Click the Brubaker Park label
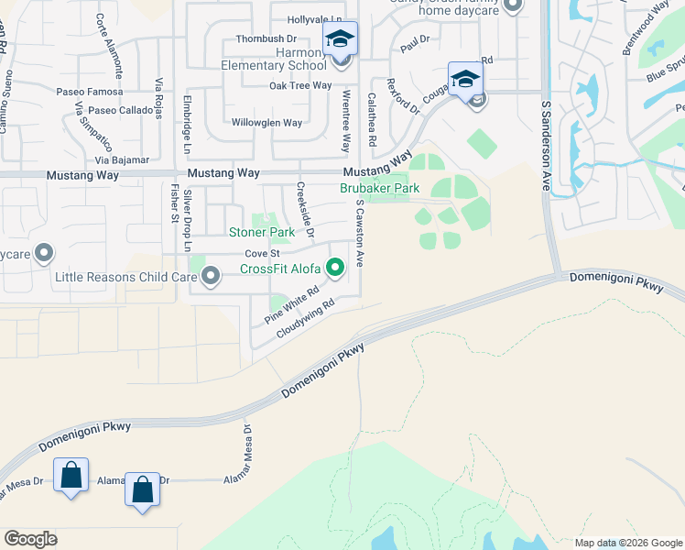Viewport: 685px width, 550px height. point(379,189)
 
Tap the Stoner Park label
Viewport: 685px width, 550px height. point(261,233)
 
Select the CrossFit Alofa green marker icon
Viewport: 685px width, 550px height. point(336,268)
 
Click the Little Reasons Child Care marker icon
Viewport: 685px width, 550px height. point(212,275)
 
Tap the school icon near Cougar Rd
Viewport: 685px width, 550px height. point(465,77)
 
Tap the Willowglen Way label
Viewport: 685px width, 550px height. point(266,123)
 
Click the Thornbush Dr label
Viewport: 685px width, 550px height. point(266,38)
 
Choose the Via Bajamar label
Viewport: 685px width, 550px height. point(123,159)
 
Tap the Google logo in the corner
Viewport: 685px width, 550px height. point(30,538)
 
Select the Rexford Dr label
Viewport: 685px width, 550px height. point(401,95)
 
